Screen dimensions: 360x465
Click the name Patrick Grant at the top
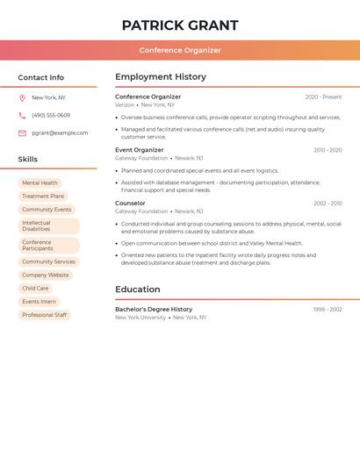coord(180,25)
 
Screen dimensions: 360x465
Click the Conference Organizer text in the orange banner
coord(180,50)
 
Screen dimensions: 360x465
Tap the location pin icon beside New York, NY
coord(22,98)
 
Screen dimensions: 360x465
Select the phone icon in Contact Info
coord(22,116)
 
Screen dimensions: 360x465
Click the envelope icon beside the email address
coord(22,133)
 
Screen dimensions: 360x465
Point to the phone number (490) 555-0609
coord(51,116)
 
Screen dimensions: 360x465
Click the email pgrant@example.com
coord(60,133)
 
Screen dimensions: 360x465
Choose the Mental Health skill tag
coord(40,183)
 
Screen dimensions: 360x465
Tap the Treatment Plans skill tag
coord(43,197)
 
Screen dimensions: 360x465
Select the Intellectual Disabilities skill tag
coord(48,226)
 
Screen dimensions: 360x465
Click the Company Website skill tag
coord(45,275)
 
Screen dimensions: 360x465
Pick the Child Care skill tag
coord(35,288)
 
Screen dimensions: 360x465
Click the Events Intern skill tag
coord(39,302)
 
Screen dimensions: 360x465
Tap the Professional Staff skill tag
coord(44,315)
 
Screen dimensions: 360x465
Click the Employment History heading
coord(161,77)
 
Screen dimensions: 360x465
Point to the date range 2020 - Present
coord(323,97)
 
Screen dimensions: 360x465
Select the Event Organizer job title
coord(140,150)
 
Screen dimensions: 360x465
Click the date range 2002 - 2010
coord(328,204)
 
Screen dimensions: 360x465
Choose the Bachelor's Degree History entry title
coord(154,310)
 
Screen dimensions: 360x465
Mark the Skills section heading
coord(28,160)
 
